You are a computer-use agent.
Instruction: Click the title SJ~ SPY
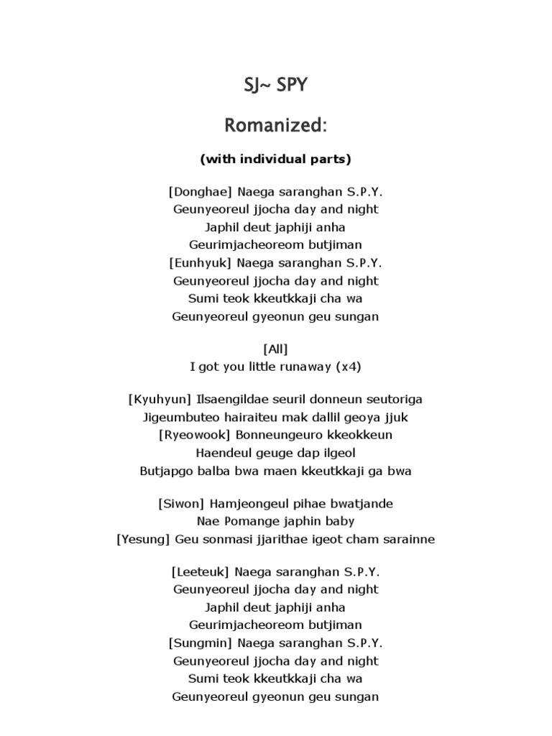point(276,86)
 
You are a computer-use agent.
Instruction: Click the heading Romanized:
point(276,126)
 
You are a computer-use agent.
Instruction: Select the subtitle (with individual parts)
point(276,158)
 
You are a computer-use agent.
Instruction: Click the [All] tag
point(276,349)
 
